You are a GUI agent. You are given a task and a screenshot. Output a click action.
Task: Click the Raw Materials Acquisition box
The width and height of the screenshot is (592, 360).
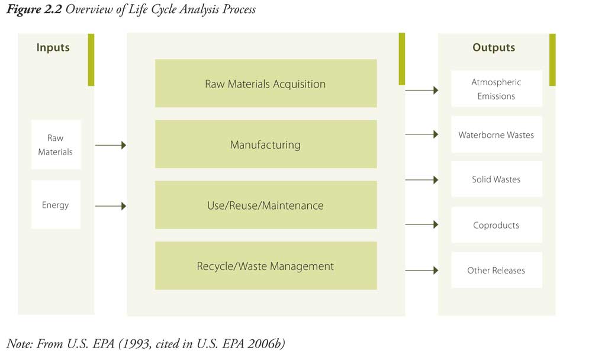266,83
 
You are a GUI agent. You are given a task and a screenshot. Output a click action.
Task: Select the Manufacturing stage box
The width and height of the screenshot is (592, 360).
266,144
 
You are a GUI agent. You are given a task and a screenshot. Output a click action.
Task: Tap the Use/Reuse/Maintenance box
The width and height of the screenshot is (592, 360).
266,205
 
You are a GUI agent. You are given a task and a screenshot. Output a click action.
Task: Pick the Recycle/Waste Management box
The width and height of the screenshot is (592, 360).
266,266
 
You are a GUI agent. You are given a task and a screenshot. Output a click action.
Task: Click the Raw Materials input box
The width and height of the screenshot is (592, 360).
56,144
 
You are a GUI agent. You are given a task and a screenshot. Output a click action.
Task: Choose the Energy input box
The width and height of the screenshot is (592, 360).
56,205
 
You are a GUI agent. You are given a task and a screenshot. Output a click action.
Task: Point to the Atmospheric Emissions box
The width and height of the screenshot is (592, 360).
497,88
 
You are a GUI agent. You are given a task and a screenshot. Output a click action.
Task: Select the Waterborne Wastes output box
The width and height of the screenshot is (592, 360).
497,134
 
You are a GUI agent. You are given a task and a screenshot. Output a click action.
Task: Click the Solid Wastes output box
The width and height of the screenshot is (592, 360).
497,179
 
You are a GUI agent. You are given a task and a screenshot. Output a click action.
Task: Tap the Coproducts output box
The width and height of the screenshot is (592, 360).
497,225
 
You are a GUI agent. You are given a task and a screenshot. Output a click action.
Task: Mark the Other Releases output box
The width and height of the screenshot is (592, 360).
497,270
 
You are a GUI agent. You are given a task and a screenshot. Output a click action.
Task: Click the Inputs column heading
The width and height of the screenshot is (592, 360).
53,47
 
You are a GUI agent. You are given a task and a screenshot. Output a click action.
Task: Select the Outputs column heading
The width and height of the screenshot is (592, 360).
494,47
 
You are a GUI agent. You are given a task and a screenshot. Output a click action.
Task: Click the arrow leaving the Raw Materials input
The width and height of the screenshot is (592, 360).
111,145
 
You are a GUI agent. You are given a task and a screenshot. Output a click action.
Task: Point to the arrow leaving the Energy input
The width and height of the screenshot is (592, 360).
111,206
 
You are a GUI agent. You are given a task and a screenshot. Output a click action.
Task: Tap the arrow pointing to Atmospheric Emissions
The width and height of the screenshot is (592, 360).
422,90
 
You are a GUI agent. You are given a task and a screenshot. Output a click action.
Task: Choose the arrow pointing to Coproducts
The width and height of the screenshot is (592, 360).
422,224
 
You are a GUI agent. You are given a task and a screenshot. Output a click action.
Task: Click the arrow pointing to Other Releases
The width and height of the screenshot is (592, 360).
422,270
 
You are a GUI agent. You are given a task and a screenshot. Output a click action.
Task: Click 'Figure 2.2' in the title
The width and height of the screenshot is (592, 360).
34,9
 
